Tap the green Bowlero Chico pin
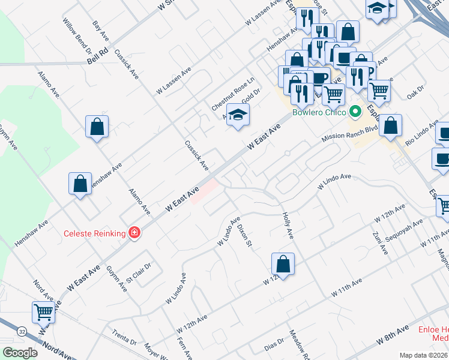tap(355, 111)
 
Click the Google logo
tap(20, 353)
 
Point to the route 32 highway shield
tap(22, 331)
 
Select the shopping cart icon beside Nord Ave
tap(43, 312)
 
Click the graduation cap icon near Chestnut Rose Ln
tap(238, 115)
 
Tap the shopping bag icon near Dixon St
tap(283, 263)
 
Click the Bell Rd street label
tap(97, 58)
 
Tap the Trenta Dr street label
tap(124, 337)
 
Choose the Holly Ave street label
tap(286, 225)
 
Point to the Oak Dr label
tap(415, 92)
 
